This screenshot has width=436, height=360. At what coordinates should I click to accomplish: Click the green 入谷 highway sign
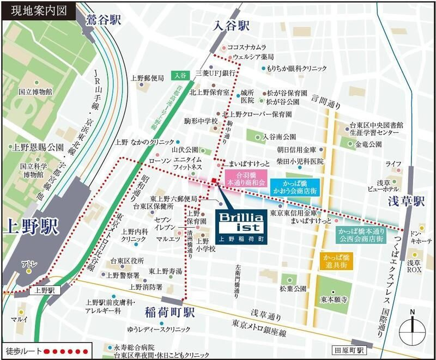(180, 75)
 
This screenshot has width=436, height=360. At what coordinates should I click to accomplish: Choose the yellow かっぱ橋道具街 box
(337, 260)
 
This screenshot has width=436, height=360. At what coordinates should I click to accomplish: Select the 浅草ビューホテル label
(390, 185)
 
